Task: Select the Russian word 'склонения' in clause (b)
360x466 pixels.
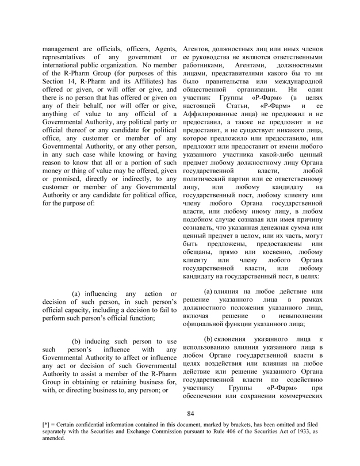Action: [x=233, y=342]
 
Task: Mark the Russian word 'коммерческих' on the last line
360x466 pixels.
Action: [x=299, y=399]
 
